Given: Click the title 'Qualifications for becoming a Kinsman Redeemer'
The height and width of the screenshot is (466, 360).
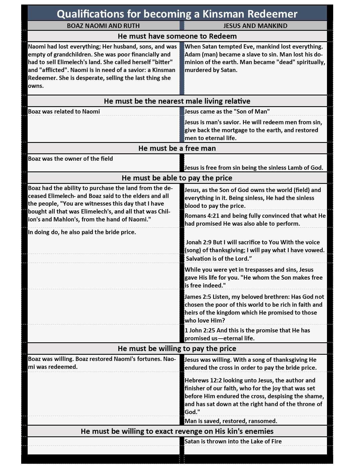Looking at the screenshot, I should click(177, 14).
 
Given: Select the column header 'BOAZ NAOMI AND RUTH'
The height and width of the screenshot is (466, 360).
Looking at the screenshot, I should click(103, 26).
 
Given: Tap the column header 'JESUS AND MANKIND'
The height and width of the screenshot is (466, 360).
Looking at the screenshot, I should click(255, 26).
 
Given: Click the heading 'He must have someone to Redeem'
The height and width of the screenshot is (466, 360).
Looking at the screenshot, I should click(177, 36).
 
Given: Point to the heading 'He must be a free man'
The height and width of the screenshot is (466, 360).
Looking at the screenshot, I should click(177, 148).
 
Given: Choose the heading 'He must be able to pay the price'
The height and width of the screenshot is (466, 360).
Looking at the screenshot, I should click(177, 178).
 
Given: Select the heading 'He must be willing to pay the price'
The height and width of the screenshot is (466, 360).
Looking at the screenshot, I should click(177, 349).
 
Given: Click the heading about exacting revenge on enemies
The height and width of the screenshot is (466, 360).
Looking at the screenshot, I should click(177, 431).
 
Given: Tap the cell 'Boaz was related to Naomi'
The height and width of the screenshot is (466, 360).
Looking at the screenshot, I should click(64, 112).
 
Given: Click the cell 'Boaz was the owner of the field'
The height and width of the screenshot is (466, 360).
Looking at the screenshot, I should click(71, 159).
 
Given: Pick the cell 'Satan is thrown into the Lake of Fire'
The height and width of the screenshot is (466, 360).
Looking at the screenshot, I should click(233, 441).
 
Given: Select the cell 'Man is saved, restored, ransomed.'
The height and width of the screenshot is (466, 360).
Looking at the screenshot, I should click(231, 421).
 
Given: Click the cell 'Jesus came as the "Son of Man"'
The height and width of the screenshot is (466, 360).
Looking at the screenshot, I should click(227, 112).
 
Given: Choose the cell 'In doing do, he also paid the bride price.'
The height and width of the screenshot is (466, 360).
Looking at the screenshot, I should click(82, 232).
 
